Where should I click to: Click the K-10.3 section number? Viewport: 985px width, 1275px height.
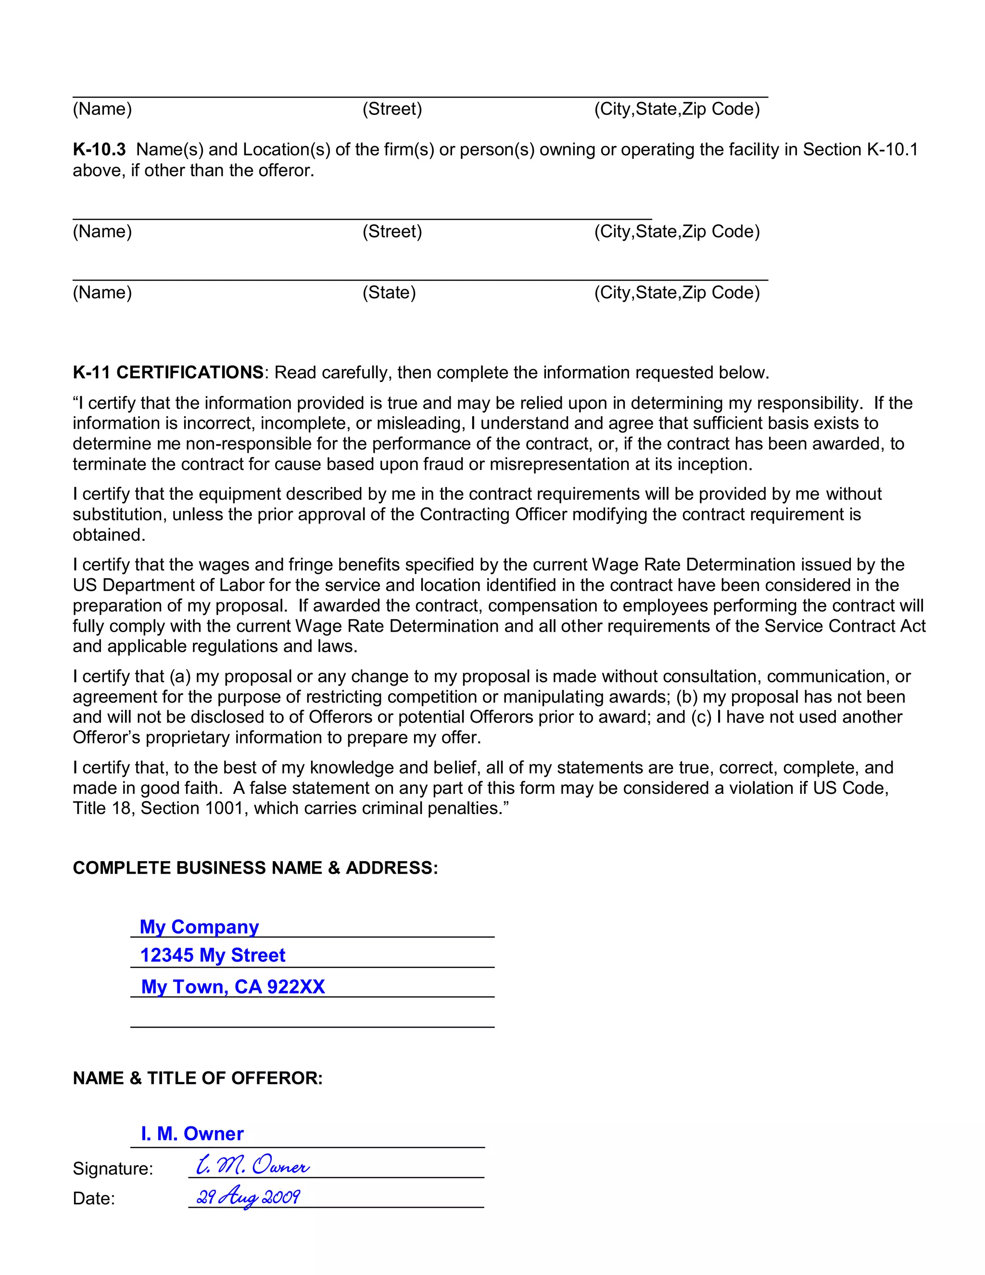[99, 150]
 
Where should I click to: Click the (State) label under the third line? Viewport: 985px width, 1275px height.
[389, 293]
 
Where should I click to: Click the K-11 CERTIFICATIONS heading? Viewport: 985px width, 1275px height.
[168, 372]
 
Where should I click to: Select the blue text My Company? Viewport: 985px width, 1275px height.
[199, 927]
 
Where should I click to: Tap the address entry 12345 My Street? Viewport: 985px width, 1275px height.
[213, 955]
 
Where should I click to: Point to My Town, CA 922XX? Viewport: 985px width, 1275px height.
[233, 987]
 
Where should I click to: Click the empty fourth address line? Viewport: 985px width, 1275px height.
[312, 1019]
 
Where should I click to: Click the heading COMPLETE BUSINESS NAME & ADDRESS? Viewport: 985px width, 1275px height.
[255, 867]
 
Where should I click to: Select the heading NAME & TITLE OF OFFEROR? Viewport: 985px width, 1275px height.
[197, 1078]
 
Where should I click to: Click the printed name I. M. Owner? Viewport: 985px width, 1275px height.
[192, 1133]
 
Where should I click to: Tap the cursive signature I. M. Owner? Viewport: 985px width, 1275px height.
[252, 1165]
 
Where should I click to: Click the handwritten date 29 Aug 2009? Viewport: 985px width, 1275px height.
[248, 1197]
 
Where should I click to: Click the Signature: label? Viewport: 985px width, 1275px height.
[113, 1168]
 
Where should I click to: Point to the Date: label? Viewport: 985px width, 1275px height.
[93, 1198]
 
